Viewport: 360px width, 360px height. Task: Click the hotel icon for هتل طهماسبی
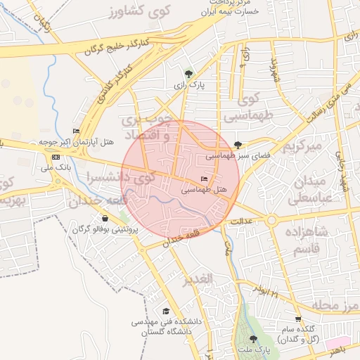205,179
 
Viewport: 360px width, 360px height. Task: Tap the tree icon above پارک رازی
188,73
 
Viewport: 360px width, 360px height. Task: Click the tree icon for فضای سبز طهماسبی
238,145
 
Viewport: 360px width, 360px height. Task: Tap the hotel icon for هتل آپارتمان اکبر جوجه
77,131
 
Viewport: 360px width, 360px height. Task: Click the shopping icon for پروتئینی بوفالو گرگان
105,219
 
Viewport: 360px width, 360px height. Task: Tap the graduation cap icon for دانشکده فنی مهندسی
166,311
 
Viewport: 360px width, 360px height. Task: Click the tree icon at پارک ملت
253,338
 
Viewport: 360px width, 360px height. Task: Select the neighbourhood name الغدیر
198,280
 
